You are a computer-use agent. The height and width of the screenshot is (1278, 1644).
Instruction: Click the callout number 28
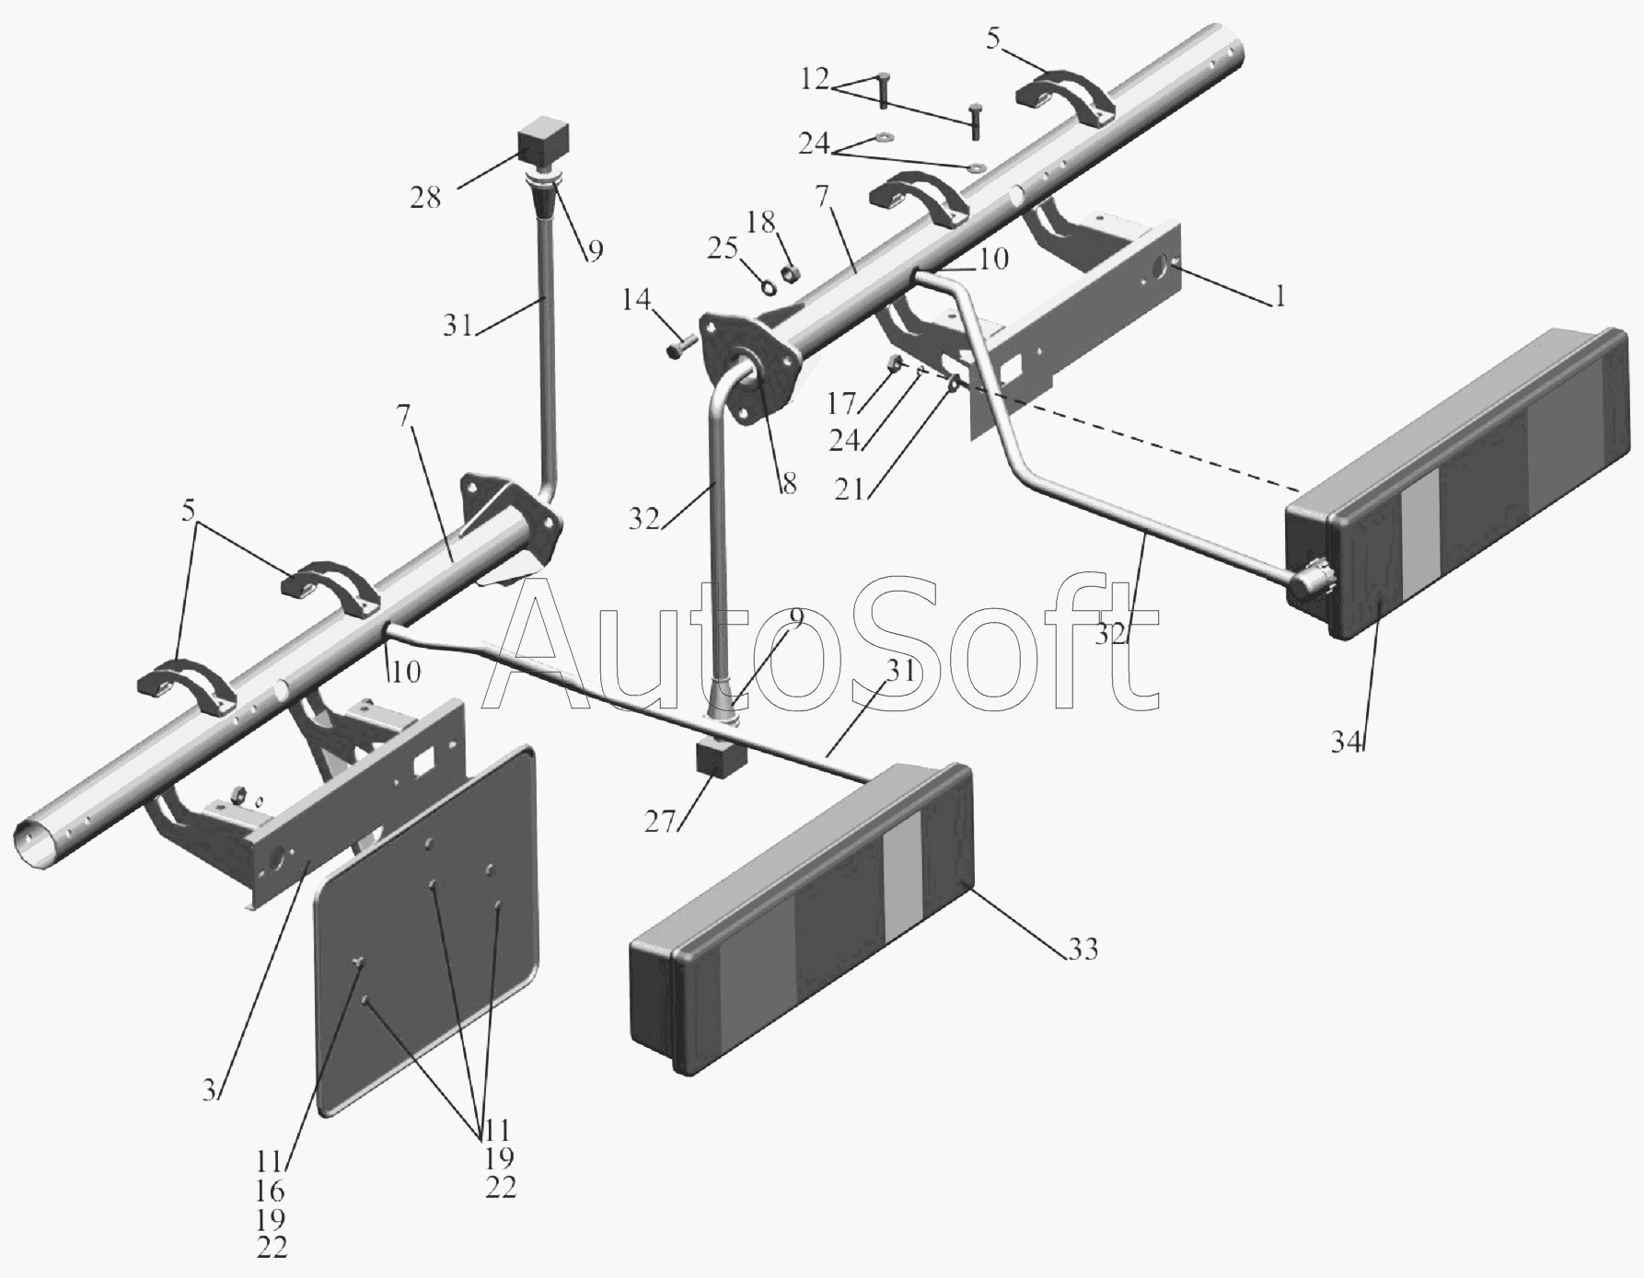(426, 197)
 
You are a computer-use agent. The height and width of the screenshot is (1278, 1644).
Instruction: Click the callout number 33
(1082, 949)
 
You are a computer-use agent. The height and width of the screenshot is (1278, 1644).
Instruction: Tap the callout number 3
(211, 1090)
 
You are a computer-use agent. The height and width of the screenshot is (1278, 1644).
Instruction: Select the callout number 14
(635, 300)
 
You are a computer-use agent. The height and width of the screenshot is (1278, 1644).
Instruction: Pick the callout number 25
(724, 248)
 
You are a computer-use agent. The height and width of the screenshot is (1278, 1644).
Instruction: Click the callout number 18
(761, 223)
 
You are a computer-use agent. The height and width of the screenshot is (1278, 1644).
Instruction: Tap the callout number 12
(816, 79)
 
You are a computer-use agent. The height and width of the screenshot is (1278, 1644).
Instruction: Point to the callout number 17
(842, 403)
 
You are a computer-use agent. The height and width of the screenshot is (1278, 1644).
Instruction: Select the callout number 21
(850, 489)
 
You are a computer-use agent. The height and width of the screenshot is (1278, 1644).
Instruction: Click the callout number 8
(789, 484)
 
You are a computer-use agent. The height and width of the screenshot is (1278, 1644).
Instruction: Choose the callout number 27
(660, 822)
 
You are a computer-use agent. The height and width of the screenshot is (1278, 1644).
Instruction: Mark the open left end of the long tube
(33, 844)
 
